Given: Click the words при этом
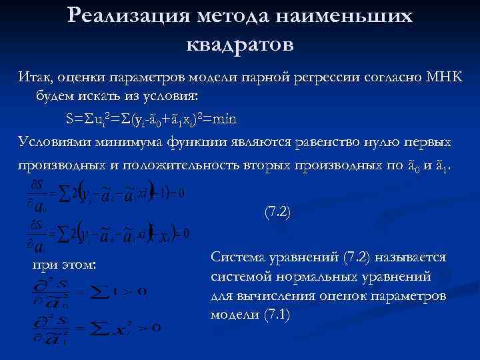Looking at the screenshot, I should click(65, 265).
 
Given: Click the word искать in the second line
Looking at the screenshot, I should click(94, 97).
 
